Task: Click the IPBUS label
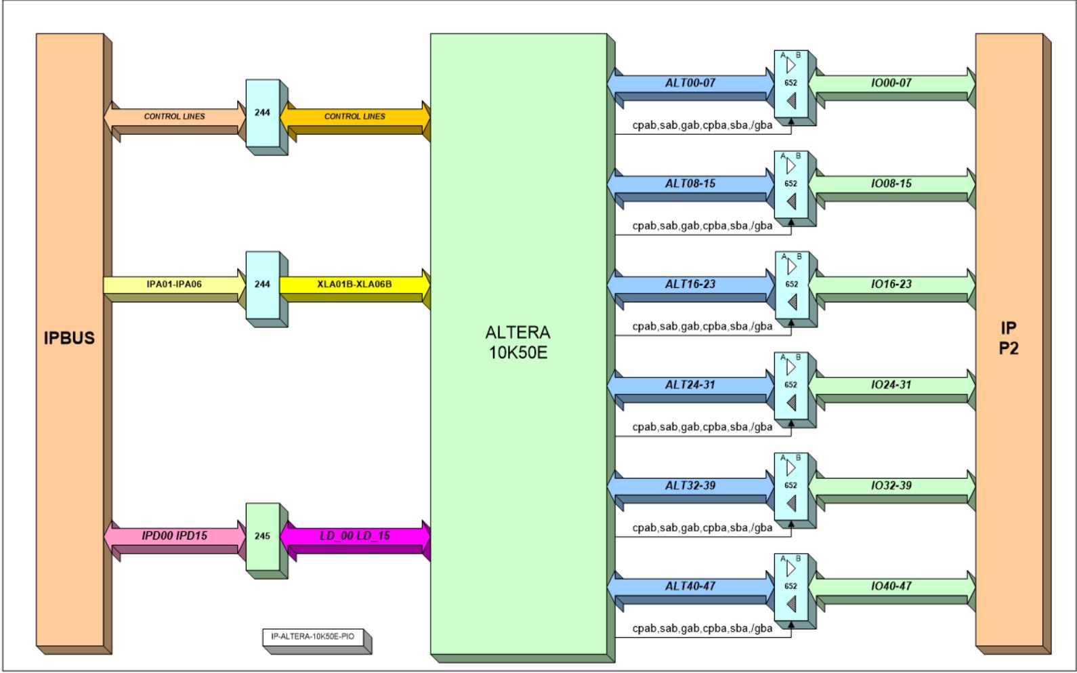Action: (x=69, y=338)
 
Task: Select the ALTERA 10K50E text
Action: (x=518, y=342)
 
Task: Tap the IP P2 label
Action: (x=1009, y=338)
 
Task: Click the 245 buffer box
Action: (x=262, y=536)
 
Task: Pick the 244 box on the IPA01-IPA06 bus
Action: (x=262, y=285)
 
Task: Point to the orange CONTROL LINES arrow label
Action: (x=354, y=117)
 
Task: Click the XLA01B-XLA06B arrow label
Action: (x=354, y=284)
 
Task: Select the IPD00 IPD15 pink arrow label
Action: (x=174, y=536)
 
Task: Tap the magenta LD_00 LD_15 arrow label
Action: (x=354, y=536)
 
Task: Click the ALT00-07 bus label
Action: (x=690, y=83)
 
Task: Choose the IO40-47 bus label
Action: (x=891, y=586)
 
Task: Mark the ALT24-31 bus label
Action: (x=690, y=385)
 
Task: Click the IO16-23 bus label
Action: (x=891, y=285)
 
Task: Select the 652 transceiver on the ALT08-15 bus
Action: (x=791, y=184)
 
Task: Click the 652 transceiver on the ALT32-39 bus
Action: (x=791, y=486)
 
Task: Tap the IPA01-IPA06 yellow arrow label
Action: (x=174, y=284)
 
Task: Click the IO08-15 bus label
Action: (x=891, y=184)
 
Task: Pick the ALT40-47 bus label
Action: (x=690, y=586)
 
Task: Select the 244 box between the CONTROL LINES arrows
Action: (x=262, y=113)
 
